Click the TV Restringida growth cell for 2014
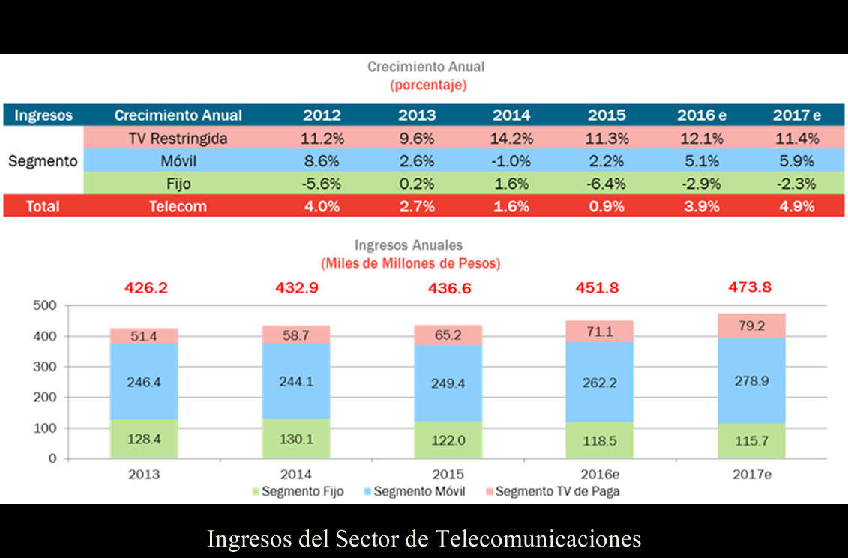(511, 139)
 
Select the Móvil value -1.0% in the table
(511, 161)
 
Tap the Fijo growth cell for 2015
(607, 184)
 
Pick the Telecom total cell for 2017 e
(796, 207)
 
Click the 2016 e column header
(702, 115)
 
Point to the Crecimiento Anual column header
(178, 115)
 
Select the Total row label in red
(43, 207)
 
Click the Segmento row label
(43, 161)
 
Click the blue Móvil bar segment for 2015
(448, 382)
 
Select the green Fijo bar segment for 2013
(144, 438)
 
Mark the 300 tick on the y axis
(46, 367)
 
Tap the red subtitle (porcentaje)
(428, 85)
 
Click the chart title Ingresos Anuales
(409, 245)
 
